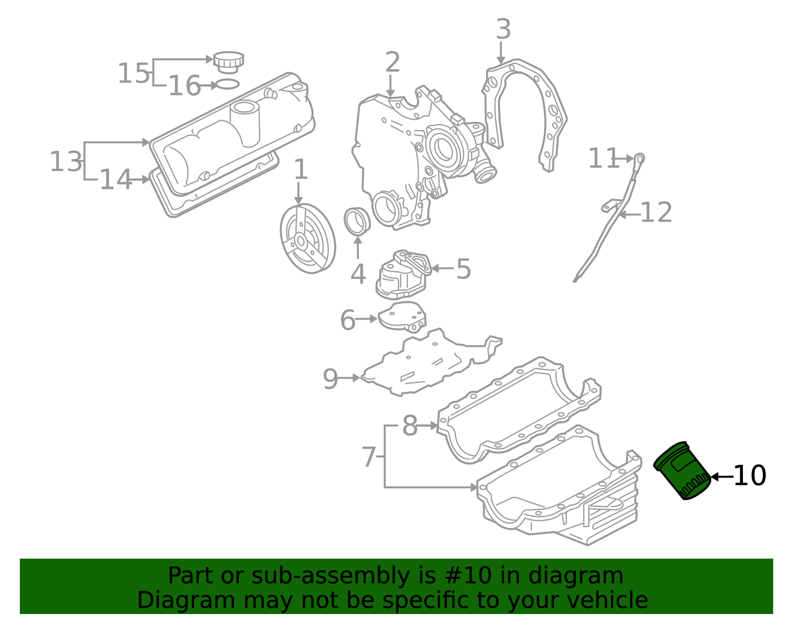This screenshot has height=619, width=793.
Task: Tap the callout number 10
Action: (x=749, y=476)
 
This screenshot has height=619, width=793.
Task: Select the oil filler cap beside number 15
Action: (x=228, y=62)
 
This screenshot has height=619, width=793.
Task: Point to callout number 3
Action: (x=503, y=29)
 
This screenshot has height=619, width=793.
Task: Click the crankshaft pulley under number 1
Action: (x=308, y=238)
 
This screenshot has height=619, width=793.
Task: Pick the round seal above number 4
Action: (x=357, y=221)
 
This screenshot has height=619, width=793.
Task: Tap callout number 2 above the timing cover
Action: (x=393, y=62)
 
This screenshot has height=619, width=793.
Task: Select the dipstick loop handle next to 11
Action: (x=640, y=158)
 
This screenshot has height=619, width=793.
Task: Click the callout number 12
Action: (x=656, y=212)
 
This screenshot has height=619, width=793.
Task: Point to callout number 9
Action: (x=331, y=379)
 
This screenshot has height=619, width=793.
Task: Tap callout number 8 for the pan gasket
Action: (x=410, y=425)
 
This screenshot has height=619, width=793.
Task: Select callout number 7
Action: (x=369, y=456)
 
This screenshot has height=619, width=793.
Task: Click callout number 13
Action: (x=66, y=161)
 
